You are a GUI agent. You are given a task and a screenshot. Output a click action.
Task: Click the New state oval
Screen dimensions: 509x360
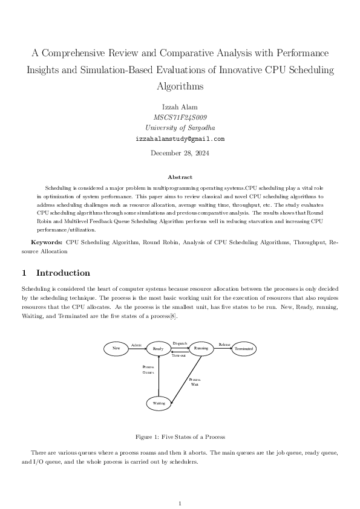point(116,348)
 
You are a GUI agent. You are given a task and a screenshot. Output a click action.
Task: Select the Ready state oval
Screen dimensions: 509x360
point(158,349)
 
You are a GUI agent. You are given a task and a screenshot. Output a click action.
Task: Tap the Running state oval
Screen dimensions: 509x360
point(201,348)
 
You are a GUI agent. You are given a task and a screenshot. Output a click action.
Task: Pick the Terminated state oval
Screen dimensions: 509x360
point(243,349)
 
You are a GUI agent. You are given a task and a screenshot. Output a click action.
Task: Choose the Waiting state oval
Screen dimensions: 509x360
point(159,403)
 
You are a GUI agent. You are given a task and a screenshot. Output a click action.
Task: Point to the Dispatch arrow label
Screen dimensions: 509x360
point(180,343)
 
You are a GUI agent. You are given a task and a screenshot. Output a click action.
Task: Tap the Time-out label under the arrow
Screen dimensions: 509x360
point(179,356)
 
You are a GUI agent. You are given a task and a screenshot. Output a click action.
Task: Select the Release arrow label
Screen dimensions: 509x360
point(224,345)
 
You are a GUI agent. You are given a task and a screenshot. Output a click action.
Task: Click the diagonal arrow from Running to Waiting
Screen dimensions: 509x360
point(186,378)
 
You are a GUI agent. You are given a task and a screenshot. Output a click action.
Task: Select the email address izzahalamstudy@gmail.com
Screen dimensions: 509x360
point(180,138)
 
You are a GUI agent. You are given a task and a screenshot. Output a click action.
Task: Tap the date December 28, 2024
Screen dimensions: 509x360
point(180,154)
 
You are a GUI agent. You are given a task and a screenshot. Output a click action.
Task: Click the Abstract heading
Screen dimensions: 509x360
point(180,177)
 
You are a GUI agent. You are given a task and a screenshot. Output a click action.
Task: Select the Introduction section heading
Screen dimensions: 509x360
point(63,273)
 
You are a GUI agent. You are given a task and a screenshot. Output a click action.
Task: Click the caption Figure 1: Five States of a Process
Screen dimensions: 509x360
point(180,436)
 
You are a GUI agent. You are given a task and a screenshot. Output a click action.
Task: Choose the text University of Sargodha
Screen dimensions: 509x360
point(180,128)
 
